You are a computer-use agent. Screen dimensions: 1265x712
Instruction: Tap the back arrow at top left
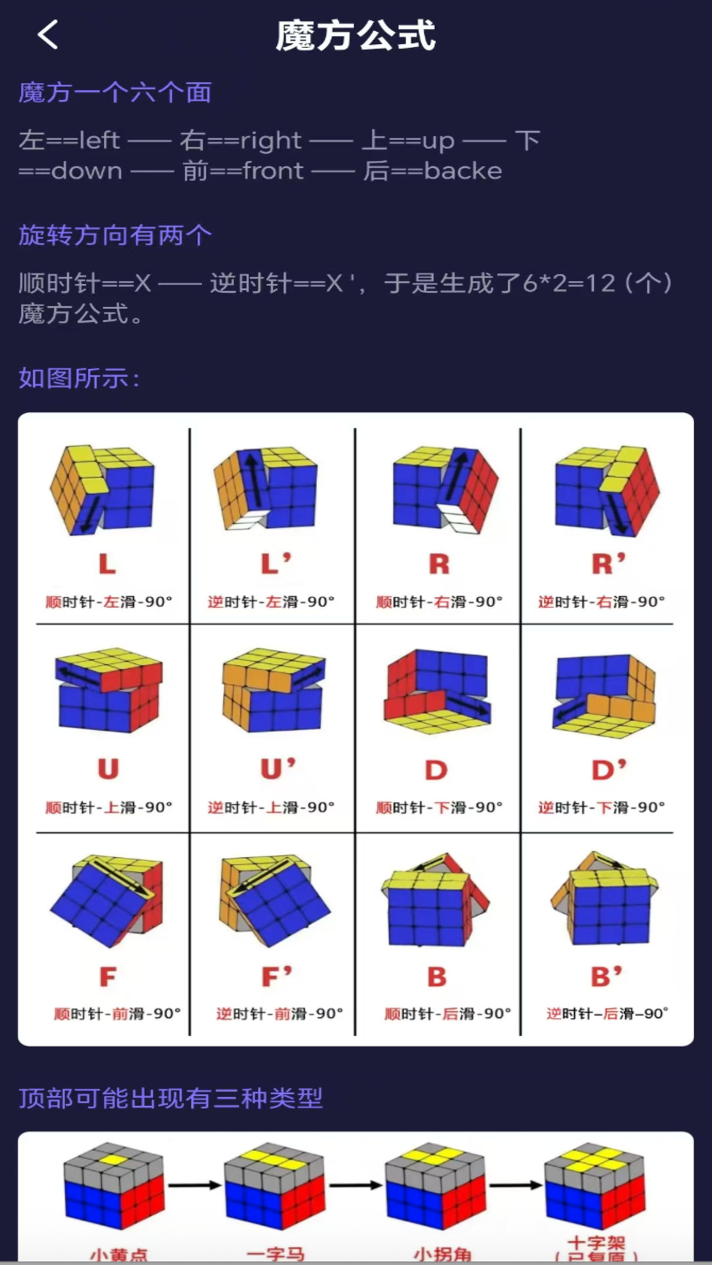[48, 34]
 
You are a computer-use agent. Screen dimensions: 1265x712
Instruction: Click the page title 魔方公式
[355, 36]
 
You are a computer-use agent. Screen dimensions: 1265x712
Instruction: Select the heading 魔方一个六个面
[115, 93]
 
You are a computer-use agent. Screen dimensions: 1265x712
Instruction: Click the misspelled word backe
[463, 171]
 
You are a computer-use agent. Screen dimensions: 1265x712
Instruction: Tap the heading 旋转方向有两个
[115, 235]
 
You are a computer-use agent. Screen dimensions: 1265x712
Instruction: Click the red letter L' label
[276, 564]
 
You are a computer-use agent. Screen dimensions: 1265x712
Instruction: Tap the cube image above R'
[607, 490]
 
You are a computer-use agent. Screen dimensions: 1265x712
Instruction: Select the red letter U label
[108, 769]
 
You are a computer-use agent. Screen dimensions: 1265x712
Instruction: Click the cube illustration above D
[437, 692]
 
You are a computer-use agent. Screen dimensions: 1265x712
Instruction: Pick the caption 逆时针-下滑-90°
[601, 807]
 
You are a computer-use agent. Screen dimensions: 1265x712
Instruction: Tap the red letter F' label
[276, 976]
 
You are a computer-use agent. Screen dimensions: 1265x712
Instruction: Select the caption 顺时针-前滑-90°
[117, 1013]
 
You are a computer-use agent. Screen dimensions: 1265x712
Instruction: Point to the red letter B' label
[606, 976]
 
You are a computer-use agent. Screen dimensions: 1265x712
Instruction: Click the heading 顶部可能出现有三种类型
[171, 1098]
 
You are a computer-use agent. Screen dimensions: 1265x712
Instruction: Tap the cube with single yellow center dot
[113, 1186]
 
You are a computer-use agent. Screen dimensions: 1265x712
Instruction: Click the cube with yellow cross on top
[595, 1186]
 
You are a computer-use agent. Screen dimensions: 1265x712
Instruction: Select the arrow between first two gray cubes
[194, 1185]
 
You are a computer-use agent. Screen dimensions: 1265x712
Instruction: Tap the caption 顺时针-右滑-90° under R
[439, 602]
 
